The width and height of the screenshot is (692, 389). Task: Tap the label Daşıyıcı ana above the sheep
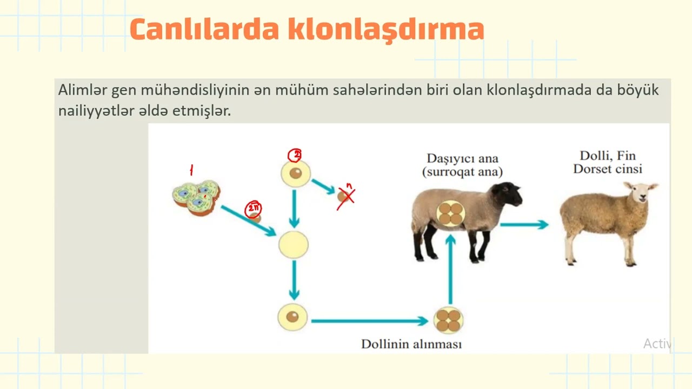click(x=462, y=159)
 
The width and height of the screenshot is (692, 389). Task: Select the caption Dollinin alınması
click(x=411, y=344)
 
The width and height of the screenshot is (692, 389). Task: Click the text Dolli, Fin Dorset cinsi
click(x=607, y=162)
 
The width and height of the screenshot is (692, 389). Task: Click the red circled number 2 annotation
click(x=295, y=156)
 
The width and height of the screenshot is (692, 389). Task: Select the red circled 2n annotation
click(x=253, y=209)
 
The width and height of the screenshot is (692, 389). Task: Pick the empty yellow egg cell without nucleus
click(x=294, y=245)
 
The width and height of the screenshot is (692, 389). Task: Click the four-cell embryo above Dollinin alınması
click(x=448, y=320)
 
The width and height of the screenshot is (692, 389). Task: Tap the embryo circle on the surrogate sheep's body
click(x=450, y=213)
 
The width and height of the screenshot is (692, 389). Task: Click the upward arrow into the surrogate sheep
click(x=450, y=270)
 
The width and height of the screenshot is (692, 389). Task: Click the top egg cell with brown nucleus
click(x=295, y=173)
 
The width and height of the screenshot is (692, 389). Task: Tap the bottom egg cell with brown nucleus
click(x=292, y=317)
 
